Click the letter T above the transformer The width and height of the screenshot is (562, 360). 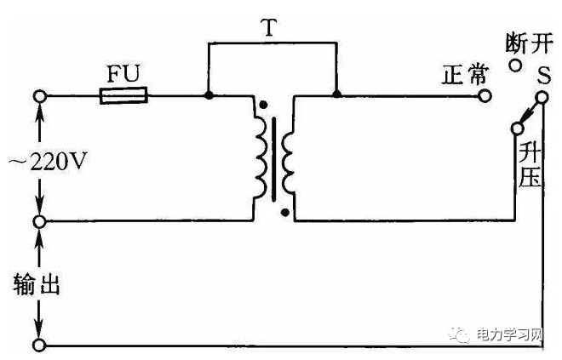point(272,28)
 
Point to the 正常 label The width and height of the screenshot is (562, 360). point(459,74)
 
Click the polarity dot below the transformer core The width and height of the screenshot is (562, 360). point(284,214)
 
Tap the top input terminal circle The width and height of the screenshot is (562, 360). point(38,94)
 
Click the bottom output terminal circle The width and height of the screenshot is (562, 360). point(38,346)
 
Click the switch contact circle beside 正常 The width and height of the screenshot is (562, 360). point(485,94)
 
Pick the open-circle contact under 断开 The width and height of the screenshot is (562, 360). point(514,65)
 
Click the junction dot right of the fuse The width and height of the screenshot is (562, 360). point(208,94)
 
